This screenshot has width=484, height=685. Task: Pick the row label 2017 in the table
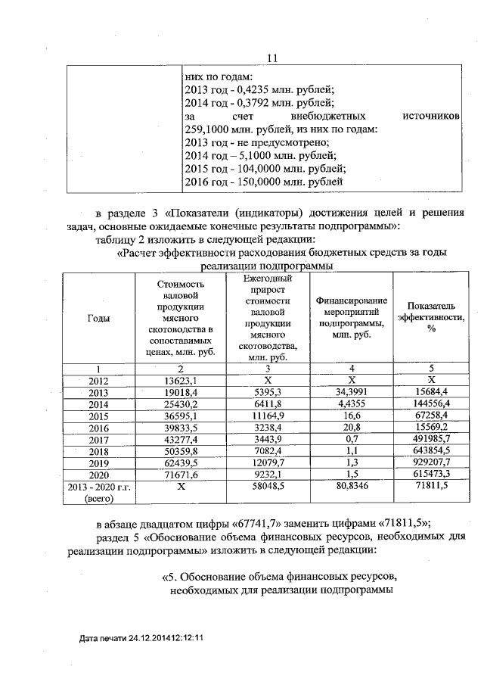click(98, 440)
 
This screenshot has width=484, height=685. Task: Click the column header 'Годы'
click(98, 319)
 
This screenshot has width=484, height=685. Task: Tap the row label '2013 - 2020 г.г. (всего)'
click(98, 494)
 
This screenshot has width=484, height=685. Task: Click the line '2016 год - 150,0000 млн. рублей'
click(264, 181)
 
